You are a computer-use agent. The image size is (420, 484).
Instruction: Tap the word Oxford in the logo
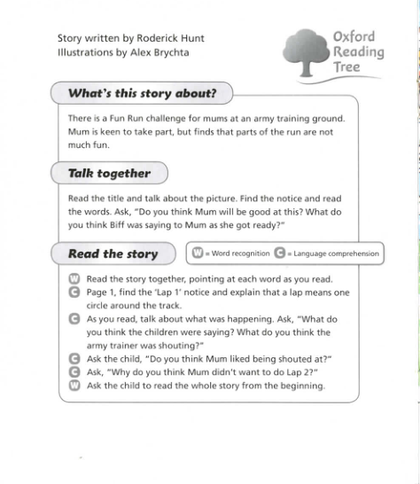354,36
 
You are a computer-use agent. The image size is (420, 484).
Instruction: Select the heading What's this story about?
142,92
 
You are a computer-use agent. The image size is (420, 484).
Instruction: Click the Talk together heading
109,173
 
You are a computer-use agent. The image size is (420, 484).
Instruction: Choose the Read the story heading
113,254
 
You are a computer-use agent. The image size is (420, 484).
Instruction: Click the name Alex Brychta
157,51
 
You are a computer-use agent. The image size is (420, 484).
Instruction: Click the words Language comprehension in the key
336,254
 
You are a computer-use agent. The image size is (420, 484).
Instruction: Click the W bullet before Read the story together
74,278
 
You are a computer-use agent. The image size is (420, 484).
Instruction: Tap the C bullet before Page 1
74,292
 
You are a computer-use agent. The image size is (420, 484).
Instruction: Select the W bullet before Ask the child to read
74,385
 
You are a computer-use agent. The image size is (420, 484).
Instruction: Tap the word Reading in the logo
358,52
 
